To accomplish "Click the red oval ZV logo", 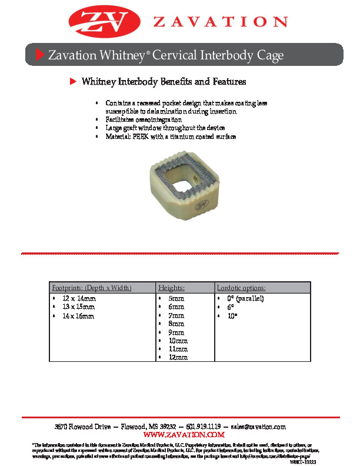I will point(106,21).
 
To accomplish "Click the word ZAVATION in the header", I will point(221,22).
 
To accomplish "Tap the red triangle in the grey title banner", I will point(40,55).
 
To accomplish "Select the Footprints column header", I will point(91,288).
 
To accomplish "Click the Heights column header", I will point(172,288).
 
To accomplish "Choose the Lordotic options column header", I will point(241,288).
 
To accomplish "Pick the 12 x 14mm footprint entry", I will point(78,299).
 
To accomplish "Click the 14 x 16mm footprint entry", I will point(78,316).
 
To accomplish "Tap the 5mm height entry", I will point(176,299).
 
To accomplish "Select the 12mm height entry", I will point(178,357).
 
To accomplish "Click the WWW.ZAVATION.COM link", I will point(180,434).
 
